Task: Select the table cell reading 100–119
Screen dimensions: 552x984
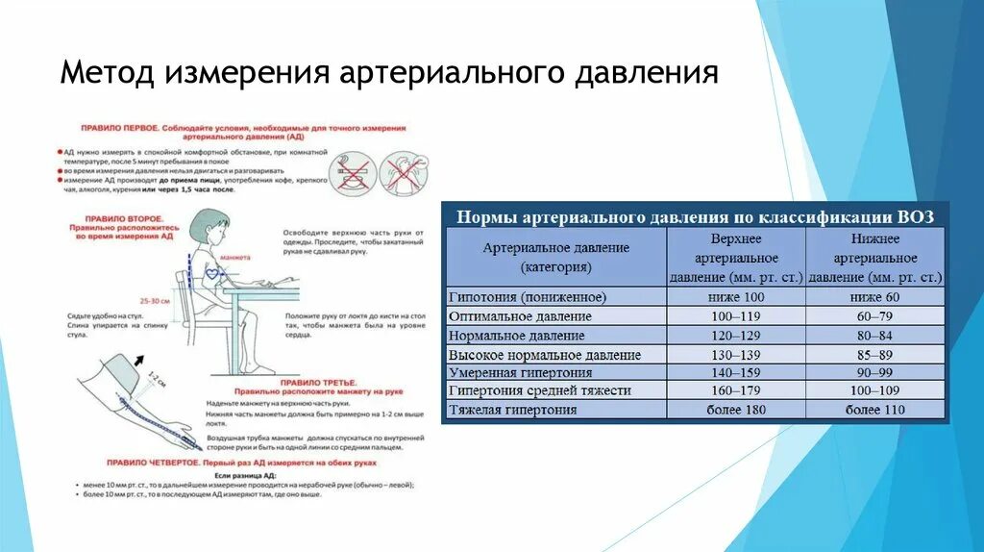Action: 736,316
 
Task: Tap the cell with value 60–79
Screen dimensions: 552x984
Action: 874,316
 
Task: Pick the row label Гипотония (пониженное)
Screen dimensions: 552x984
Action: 527,298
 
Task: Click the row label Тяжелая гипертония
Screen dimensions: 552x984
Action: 512,410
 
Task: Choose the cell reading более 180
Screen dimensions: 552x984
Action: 736,410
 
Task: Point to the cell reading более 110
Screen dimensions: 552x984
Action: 874,410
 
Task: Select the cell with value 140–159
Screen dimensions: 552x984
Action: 736,372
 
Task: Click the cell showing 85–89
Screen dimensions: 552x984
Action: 874,354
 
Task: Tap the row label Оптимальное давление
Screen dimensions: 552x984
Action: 520,316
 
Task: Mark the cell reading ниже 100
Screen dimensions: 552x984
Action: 736,298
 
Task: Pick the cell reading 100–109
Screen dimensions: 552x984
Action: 874,391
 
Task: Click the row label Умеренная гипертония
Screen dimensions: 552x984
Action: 520,372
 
